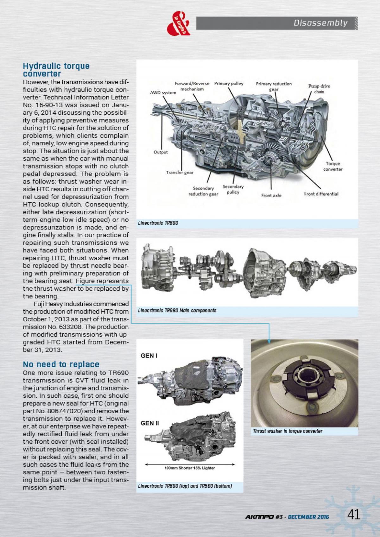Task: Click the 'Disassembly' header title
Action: (x=320, y=23)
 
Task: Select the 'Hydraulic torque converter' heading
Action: (x=56, y=70)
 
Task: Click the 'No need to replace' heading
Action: (x=61, y=364)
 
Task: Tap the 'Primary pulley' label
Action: (x=229, y=84)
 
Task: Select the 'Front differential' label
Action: (x=321, y=194)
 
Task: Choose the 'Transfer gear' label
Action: (x=180, y=173)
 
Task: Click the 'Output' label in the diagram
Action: (x=161, y=152)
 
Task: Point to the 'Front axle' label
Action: (x=271, y=195)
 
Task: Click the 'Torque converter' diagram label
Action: (x=333, y=166)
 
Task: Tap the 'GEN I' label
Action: (x=149, y=356)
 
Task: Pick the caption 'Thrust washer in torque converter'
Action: (x=288, y=431)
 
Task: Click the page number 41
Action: (x=354, y=515)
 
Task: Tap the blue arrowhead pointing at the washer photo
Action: (x=269, y=341)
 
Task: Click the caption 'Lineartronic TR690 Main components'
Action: (x=177, y=310)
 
